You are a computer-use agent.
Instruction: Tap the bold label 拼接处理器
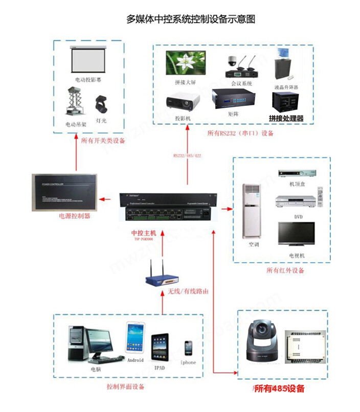(286, 118)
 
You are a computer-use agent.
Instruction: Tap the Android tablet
(136, 336)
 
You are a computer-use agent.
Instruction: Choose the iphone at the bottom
(189, 348)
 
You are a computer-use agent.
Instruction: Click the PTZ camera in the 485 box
(261, 341)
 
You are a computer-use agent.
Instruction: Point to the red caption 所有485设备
(279, 388)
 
